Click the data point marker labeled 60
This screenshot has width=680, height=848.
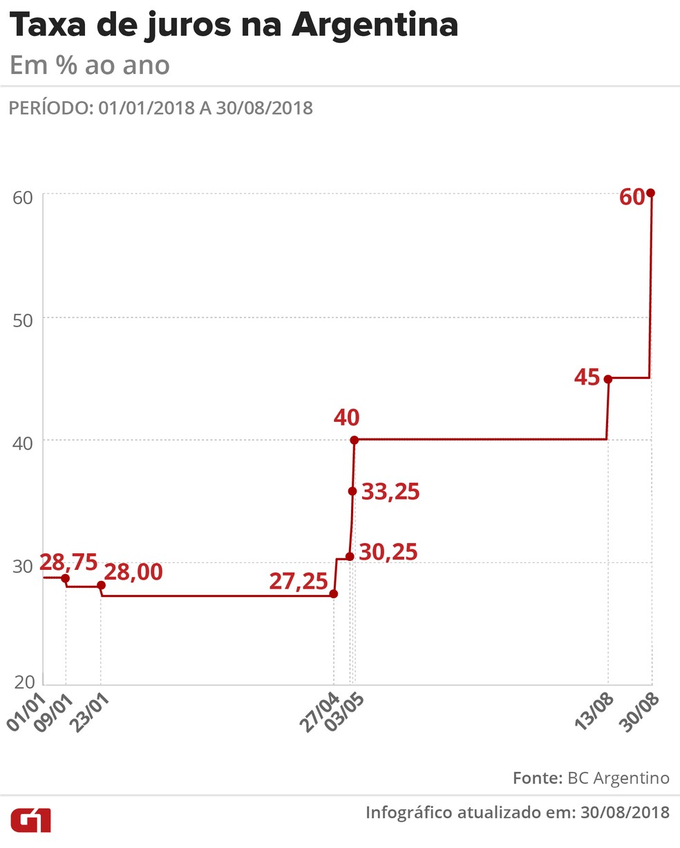click(650, 193)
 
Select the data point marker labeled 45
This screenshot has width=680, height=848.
click(608, 379)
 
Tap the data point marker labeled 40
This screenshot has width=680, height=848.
click(354, 440)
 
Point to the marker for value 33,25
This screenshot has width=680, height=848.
click(352, 491)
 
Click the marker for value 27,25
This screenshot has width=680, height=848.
click(334, 593)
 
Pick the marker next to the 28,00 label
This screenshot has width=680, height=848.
click(102, 585)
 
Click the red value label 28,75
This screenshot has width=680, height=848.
click(68, 562)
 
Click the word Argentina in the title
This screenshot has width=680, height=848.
click(375, 26)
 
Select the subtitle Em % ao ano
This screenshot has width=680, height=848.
click(90, 66)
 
